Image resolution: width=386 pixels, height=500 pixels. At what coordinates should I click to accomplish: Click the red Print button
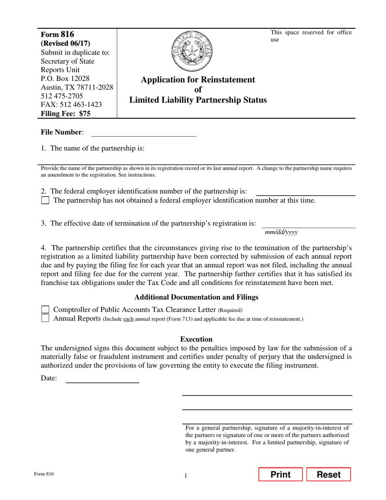280,474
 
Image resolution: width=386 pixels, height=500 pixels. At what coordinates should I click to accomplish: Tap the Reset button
328,474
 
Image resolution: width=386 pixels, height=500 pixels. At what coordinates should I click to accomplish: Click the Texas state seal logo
192,52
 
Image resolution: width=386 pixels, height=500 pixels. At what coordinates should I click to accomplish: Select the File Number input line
144,133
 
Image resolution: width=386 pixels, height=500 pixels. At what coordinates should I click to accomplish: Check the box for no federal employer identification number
46,200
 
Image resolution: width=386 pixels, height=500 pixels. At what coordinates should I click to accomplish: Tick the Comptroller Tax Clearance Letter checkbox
46,310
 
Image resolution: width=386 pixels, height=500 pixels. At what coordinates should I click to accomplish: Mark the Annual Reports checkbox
46,318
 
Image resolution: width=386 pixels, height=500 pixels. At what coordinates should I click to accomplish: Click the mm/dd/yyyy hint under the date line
281,232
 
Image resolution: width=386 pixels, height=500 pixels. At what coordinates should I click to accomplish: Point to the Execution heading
196,339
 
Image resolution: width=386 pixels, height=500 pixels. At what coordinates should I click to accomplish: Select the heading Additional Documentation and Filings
196,297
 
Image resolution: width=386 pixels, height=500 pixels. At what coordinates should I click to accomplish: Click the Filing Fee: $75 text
65,114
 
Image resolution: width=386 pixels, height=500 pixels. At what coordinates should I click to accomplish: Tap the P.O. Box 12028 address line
65,78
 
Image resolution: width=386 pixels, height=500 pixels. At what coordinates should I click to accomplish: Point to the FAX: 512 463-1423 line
71,105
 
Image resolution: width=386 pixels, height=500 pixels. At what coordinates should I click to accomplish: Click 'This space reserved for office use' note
311,36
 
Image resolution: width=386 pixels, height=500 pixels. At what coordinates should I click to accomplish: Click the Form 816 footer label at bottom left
44,474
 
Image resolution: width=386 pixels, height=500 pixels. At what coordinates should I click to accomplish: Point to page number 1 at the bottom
186,476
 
